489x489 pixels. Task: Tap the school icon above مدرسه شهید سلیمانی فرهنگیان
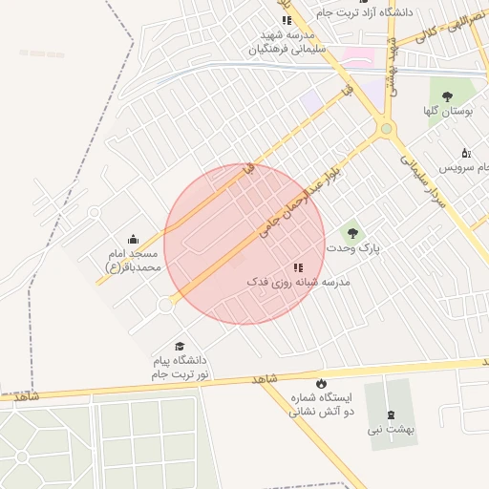pyautogui.click(x=286, y=20)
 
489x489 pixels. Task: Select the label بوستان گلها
pyautogui.click(x=449, y=112)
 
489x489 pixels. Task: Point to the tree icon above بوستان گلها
pyautogui.click(x=448, y=96)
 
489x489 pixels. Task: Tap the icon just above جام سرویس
pyautogui.click(x=466, y=152)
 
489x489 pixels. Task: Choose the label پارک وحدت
pyautogui.click(x=352, y=248)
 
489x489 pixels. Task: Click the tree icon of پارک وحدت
pyautogui.click(x=352, y=232)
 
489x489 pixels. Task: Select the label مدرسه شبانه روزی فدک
pyautogui.click(x=299, y=284)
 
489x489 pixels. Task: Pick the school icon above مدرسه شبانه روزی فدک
pyautogui.click(x=298, y=268)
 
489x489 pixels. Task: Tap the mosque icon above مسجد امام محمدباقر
pyautogui.click(x=132, y=239)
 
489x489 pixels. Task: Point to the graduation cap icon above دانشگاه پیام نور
pyautogui.click(x=179, y=346)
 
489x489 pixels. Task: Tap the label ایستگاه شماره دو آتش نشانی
pyautogui.click(x=321, y=404)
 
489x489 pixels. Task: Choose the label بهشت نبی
pyautogui.click(x=393, y=431)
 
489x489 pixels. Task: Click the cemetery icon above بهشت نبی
pyautogui.click(x=392, y=415)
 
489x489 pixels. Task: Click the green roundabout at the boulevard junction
pyautogui.click(x=386, y=128)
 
